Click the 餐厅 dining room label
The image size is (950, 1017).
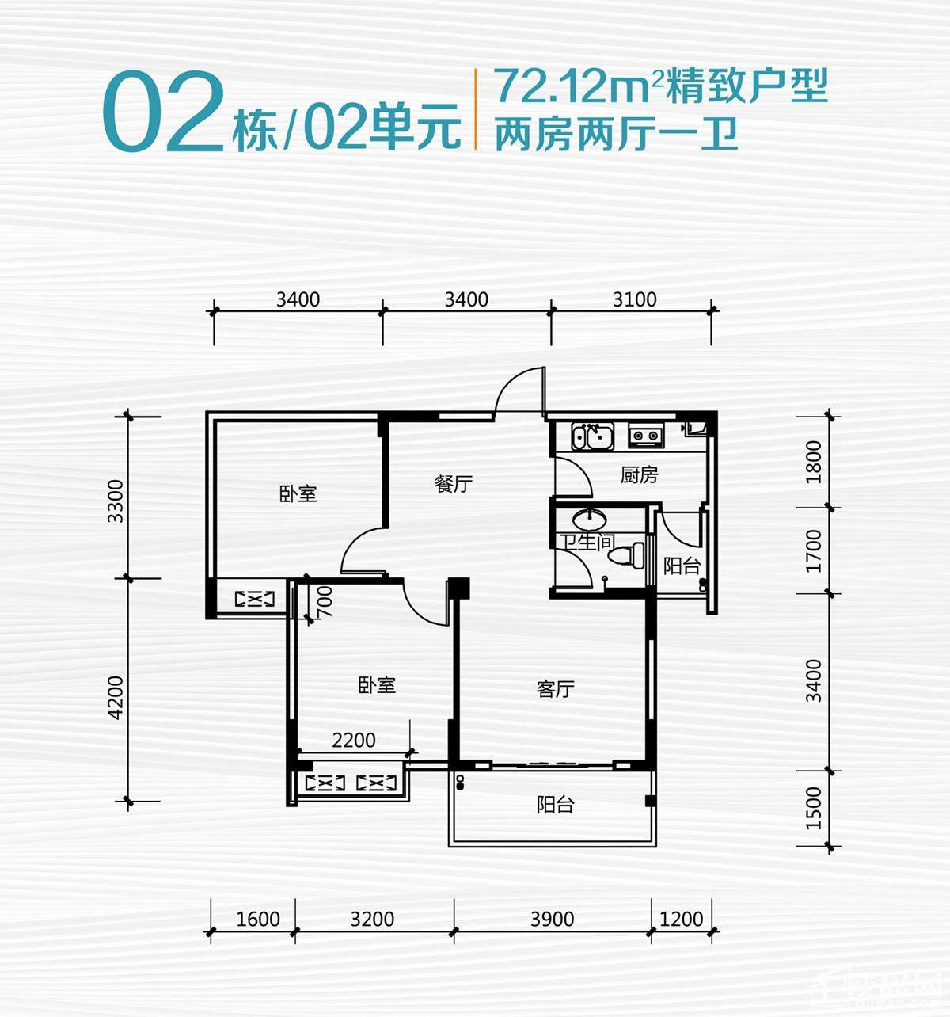pos(454,483)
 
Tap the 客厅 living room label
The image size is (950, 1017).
pos(555,689)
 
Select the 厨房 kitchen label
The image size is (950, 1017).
pos(639,475)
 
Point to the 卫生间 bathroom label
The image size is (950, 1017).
pos(587,543)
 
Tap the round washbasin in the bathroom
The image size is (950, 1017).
pos(590,520)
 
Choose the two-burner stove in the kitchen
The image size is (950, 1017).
pos(646,435)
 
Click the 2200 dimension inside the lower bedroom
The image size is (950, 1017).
pos(354,741)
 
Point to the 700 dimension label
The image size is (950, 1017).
pos(324,601)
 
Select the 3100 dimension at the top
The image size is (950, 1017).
pos(635,299)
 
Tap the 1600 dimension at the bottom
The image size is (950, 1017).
pos(258,919)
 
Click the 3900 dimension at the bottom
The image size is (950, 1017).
pos(552,919)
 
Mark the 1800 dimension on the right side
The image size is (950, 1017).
pos(814,462)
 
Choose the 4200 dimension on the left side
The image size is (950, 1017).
pos(116,697)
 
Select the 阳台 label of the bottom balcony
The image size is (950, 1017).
pos(555,806)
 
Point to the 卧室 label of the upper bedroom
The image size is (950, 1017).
pos(298,493)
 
